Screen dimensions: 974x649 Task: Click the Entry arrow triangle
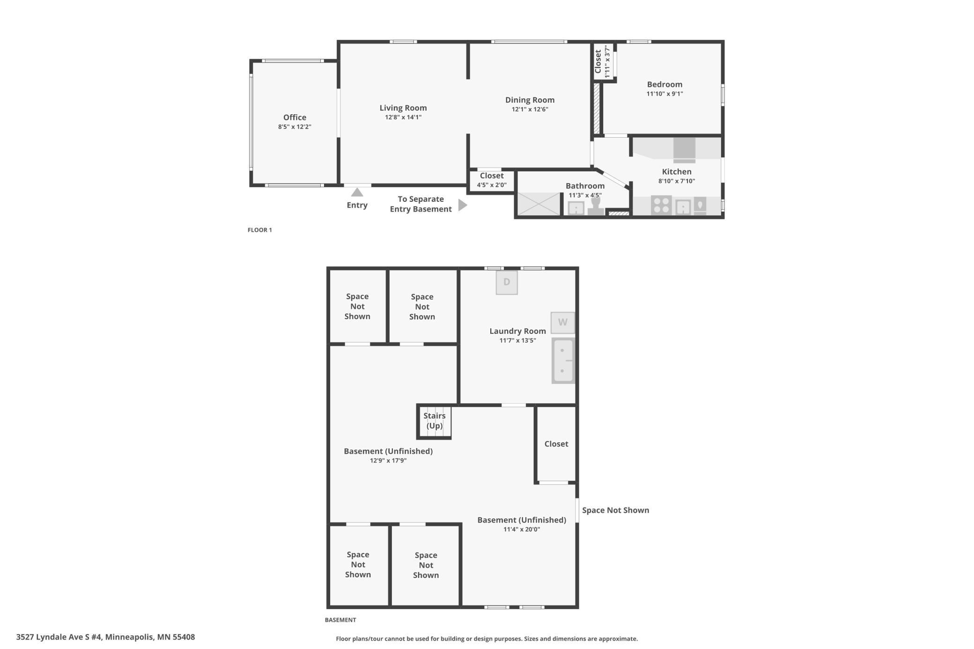357,192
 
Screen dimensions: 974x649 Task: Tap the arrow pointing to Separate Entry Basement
463,205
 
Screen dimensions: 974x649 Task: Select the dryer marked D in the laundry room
507,282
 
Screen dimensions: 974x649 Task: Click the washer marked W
562,322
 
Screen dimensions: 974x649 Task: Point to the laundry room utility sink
563,361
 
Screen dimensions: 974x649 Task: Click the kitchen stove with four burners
661,205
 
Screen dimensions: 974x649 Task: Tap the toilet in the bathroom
596,207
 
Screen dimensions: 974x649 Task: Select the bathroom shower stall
539,204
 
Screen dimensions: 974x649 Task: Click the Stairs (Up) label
435,420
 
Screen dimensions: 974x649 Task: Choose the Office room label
295,118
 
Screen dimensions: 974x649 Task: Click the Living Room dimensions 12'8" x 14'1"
403,117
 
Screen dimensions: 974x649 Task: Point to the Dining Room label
530,100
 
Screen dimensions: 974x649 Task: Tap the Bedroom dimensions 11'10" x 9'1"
664,94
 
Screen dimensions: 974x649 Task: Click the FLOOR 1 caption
259,230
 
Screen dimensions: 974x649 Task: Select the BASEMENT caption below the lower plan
340,620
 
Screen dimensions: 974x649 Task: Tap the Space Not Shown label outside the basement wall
615,510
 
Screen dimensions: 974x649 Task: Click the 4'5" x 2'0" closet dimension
492,185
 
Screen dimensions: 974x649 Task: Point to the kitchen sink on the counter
683,206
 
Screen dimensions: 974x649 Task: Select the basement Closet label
556,444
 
